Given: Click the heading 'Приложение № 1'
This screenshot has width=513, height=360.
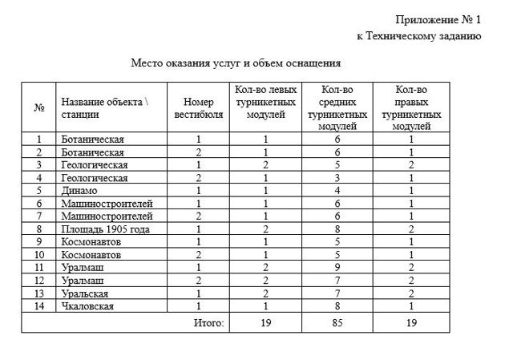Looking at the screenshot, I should click(438, 19).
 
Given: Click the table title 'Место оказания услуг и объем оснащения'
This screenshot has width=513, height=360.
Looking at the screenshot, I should click(236, 63).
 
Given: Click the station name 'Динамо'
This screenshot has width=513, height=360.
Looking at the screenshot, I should click(79, 191).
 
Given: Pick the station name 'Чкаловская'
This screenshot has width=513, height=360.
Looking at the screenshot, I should click(87, 306).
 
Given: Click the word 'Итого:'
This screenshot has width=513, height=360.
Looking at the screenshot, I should click(210, 323).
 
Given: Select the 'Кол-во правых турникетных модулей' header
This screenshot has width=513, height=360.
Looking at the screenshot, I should click(410, 108).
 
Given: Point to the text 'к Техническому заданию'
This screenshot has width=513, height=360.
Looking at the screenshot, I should click(418, 37).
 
